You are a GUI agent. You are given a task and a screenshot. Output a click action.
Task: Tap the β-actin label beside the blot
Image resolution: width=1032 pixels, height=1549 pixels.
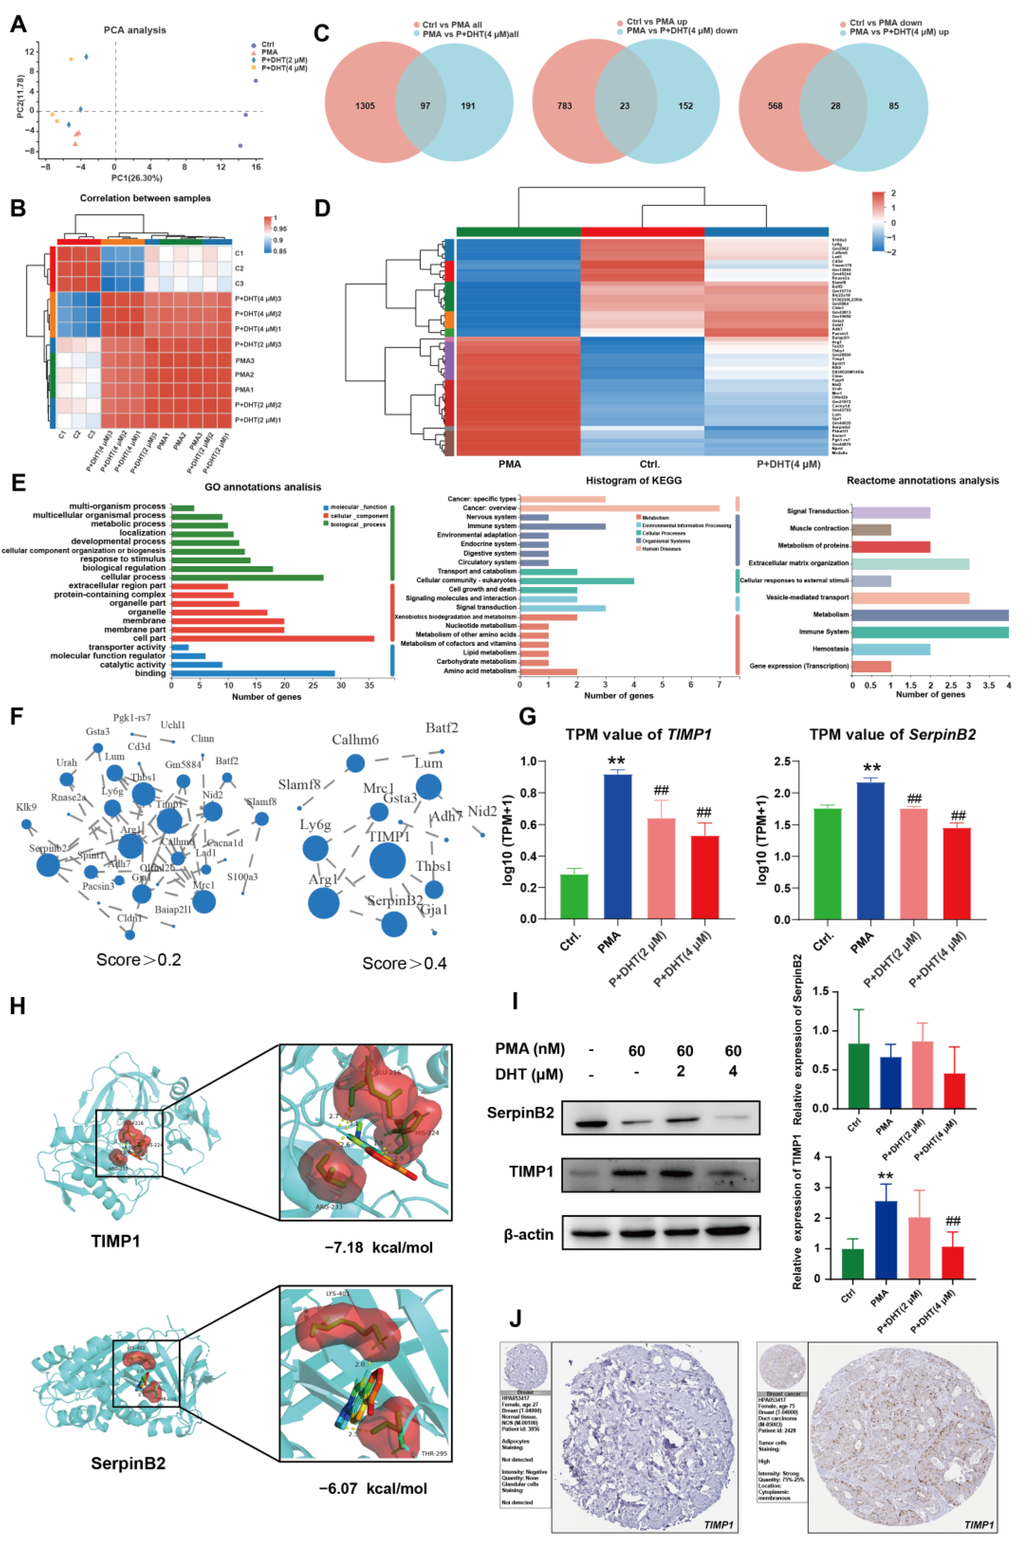tap(529, 1234)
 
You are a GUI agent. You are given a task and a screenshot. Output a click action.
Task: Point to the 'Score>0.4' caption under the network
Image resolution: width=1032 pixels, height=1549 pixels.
tap(404, 963)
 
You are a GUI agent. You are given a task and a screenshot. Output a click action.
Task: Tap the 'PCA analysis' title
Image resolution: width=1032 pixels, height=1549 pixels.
tap(135, 30)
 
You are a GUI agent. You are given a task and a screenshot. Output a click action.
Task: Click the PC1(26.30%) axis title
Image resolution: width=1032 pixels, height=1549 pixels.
tap(136, 178)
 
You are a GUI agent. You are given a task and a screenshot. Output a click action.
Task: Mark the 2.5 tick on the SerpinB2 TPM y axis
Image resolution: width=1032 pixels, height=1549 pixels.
tap(781, 761)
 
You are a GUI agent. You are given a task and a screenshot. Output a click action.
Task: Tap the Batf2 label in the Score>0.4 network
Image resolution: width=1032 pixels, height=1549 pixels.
tap(442, 728)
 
